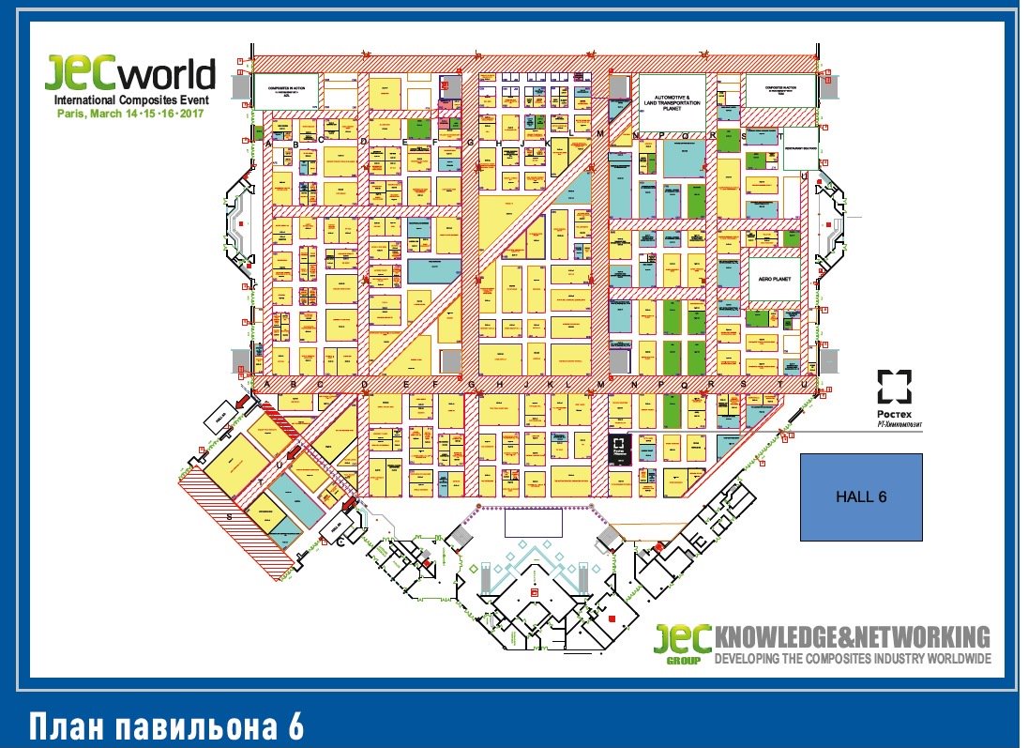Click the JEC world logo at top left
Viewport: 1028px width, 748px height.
(x=130, y=73)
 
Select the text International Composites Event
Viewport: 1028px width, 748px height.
(x=130, y=99)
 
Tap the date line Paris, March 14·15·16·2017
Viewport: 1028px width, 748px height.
(x=128, y=113)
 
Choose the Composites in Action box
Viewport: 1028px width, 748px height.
(x=287, y=91)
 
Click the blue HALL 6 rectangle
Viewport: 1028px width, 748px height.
(x=860, y=497)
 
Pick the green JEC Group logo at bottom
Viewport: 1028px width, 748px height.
(x=683, y=643)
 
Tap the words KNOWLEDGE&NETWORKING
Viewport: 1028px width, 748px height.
(x=852, y=636)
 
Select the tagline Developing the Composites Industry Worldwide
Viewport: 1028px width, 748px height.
(x=852, y=659)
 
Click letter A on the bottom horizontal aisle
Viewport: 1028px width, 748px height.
(x=267, y=384)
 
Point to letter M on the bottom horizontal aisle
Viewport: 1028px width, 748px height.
(x=600, y=384)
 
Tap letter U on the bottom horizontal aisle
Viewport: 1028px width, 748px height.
(x=804, y=384)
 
